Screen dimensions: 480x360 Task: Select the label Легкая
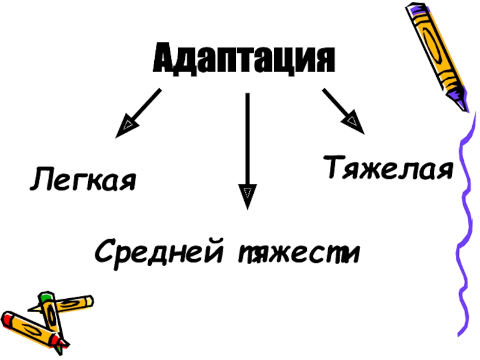click(x=84, y=179)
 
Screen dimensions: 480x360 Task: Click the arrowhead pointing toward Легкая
click(x=127, y=127)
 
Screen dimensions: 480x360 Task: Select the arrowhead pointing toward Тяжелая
click(x=353, y=123)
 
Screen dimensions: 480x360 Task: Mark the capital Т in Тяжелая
click(x=334, y=167)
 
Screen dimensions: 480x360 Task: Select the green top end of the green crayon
click(x=45, y=296)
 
